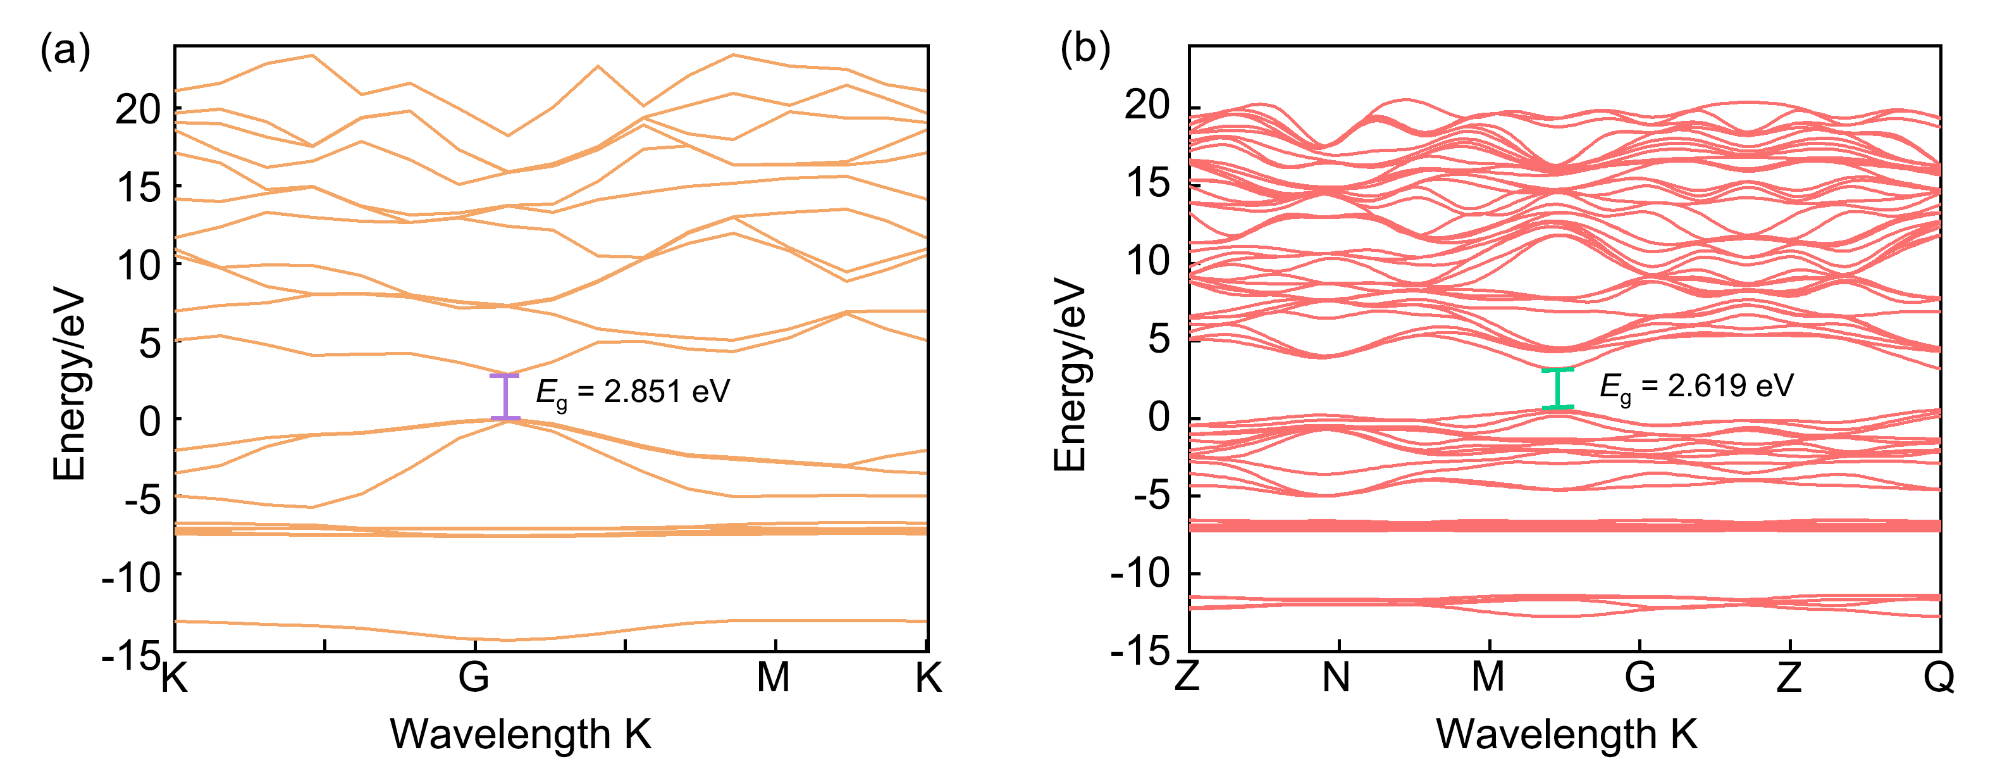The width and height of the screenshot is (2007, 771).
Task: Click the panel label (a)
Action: (x=65, y=51)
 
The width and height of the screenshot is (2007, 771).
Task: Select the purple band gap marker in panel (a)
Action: (x=505, y=398)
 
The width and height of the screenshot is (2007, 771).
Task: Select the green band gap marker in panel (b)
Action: (x=1557, y=388)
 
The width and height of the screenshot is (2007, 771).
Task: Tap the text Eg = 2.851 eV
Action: (x=633, y=392)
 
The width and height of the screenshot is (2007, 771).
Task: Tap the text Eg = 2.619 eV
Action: (x=1696, y=387)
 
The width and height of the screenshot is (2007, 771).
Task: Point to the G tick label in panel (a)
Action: (x=474, y=677)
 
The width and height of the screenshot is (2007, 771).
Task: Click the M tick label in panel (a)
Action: (x=774, y=677)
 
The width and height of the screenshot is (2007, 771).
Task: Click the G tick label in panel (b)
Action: (x=1640, y=677)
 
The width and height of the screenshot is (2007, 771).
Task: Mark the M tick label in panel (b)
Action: (x=1488, y=677)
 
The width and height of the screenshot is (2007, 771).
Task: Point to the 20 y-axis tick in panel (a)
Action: (x=138, y=110)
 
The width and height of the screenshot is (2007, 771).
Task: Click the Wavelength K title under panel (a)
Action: (x=521, y=734)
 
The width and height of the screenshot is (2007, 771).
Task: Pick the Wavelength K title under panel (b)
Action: (x=1567, y=734)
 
